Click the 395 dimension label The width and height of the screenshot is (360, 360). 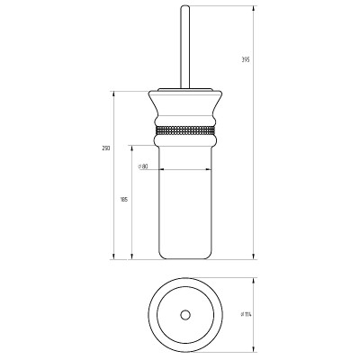point(246,59)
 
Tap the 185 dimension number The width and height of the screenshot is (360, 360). point(123,200)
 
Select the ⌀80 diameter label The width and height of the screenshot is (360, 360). point(143,166)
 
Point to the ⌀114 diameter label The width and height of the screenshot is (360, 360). point(246,314)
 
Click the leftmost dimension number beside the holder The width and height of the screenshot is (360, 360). point(106,148)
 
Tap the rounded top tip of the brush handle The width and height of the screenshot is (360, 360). point(185,6)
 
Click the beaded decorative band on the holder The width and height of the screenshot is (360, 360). point(185,130)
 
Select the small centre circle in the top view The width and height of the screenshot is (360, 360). point(185,315)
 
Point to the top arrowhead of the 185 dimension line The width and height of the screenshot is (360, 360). point(131,149)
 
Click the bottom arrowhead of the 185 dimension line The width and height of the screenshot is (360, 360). point(131,256)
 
